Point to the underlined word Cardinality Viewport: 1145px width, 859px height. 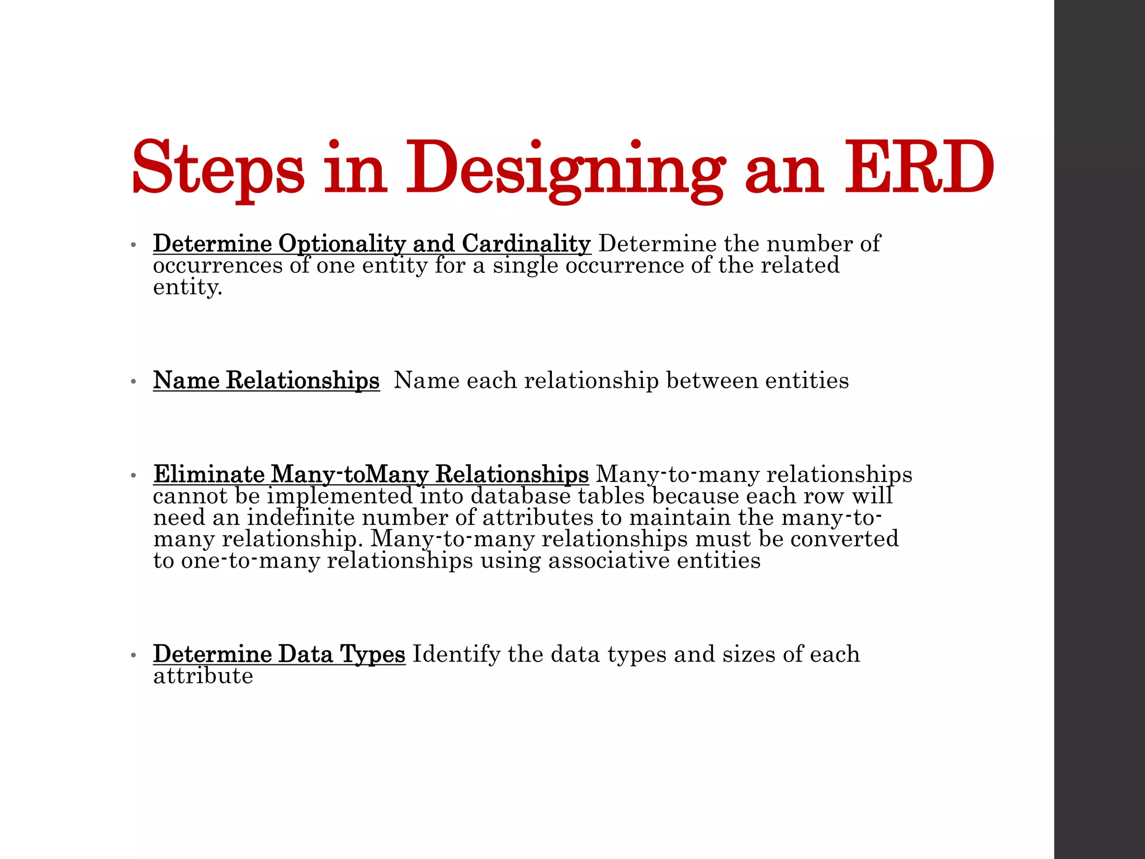[x=526, y=244]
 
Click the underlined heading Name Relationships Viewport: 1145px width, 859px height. [x=266, y=380]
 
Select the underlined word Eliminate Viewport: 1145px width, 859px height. [x=209, y=474]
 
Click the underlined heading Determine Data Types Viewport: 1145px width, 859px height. [x=279, y=654]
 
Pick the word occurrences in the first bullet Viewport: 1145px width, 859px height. [x=218, y=265]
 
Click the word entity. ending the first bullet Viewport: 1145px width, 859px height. [x=188, y=287]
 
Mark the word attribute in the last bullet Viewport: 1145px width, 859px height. [x=203, y=676]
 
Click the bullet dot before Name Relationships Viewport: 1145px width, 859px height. [x=133, y=381]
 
